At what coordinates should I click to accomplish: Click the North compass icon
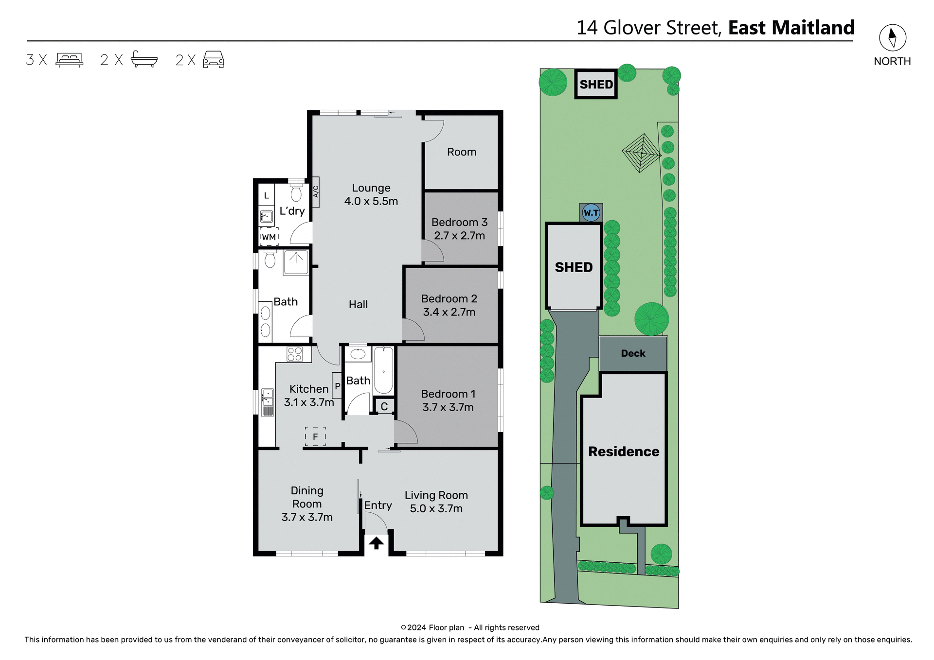[892, 37]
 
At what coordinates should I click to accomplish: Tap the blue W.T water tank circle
[591, 213]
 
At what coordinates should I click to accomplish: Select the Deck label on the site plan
[633, 353]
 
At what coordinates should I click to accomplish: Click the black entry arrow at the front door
[376, 542]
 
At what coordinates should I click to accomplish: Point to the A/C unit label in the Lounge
[315, 192]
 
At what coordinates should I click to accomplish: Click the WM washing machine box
[269, 237]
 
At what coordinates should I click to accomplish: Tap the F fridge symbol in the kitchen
[315, 436]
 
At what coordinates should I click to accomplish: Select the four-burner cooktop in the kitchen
[294, 354]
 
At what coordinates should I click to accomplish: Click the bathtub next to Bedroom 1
[383, 370]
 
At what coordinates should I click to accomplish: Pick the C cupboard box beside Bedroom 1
[384, 406]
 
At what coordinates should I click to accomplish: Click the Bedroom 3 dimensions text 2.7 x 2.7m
[459, 236]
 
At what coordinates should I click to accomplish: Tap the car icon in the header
[213, 59]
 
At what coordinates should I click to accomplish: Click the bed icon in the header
[70, 59]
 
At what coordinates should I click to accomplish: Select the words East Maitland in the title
[791, 28]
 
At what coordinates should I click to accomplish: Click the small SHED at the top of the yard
[596, 84]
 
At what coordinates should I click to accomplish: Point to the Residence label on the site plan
[624, 452]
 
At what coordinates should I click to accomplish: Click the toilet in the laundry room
[296, 192]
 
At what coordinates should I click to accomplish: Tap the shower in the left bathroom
[296, 262]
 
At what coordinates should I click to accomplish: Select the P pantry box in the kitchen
[337, 386]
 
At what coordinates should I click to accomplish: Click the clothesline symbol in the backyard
[642, 153]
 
